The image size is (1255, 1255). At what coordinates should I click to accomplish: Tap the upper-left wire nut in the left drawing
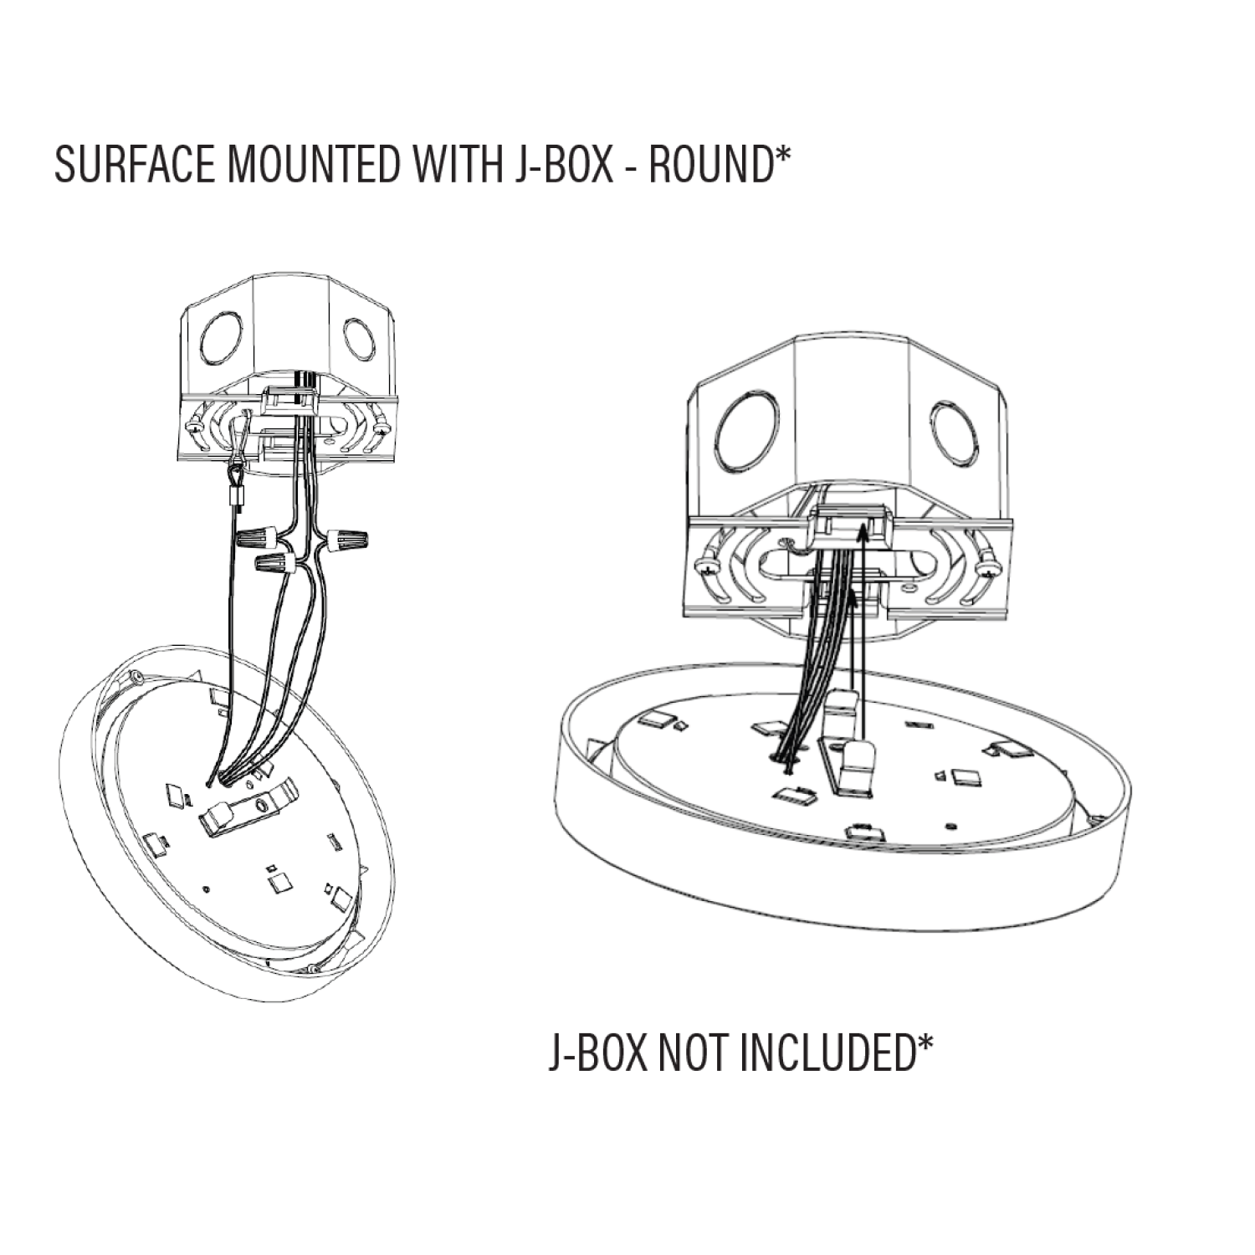[254, 536]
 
